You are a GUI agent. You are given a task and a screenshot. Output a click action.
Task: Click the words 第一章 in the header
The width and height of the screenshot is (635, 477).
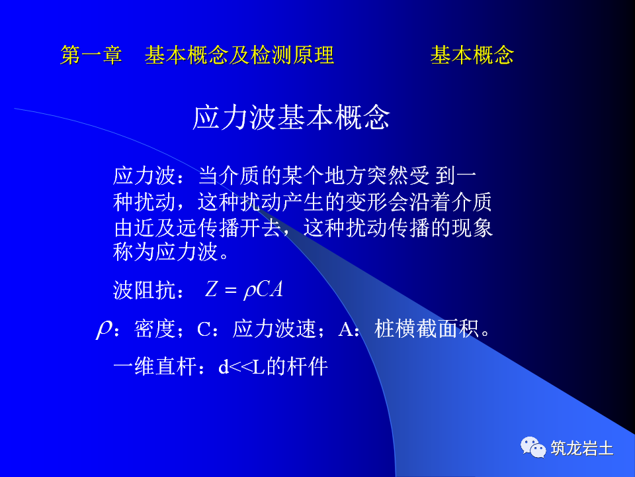(x=91, y=55)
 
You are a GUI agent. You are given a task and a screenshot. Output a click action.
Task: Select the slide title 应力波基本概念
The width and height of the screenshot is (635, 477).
(x=291, y=118)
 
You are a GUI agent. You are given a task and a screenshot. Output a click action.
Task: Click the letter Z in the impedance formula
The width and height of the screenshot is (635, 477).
(x=211, y=290)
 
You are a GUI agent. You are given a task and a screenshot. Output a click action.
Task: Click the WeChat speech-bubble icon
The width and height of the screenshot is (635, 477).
(x=533, y=447)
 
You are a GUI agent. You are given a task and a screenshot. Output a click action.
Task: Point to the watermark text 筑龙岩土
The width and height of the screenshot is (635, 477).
(x=582, y=449)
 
